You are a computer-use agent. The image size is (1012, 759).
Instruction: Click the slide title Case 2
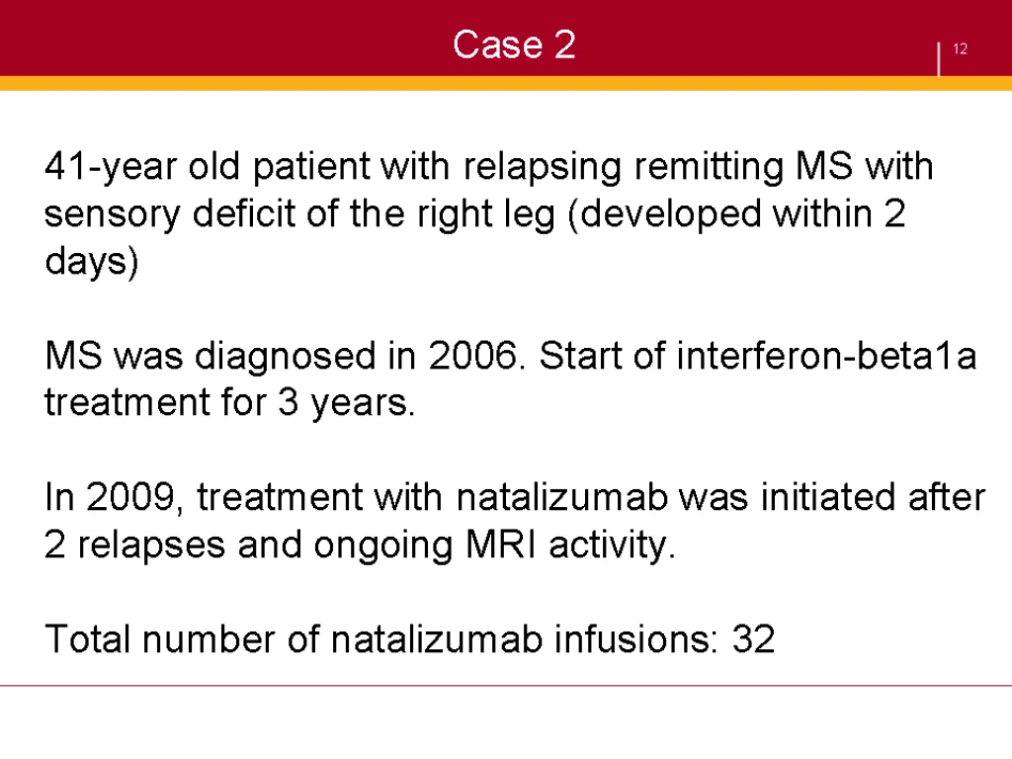pos(514,44)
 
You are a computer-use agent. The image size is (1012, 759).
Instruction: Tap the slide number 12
pos(960,49)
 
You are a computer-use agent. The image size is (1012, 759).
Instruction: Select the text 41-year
pos(111,167)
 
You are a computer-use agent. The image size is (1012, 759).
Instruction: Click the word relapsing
pos(543,167)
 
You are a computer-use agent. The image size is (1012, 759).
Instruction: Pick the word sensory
pos(113,214)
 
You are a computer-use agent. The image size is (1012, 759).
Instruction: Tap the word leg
pos(529,214)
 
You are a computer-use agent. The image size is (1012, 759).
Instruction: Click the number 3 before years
pos(288,403)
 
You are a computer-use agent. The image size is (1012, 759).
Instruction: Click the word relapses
pos(151,546)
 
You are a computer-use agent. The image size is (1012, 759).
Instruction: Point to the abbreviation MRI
pos(501,545)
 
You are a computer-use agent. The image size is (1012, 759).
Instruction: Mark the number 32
pos(753,639)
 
